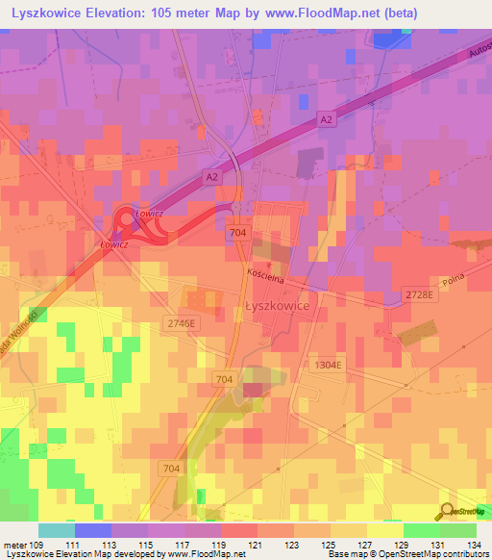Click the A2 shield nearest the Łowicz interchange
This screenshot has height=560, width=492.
[211, 177]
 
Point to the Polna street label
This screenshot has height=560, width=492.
[453, 283]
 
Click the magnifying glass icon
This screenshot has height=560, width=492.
[447, 511]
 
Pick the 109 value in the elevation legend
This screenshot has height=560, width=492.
[37, 545]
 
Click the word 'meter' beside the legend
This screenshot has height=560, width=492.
[14, 545]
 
